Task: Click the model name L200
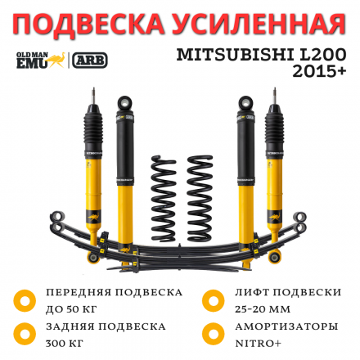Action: [x=322, y=55]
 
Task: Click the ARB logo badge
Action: [x=89, y=60]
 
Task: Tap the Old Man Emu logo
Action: [x=39, y=60]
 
